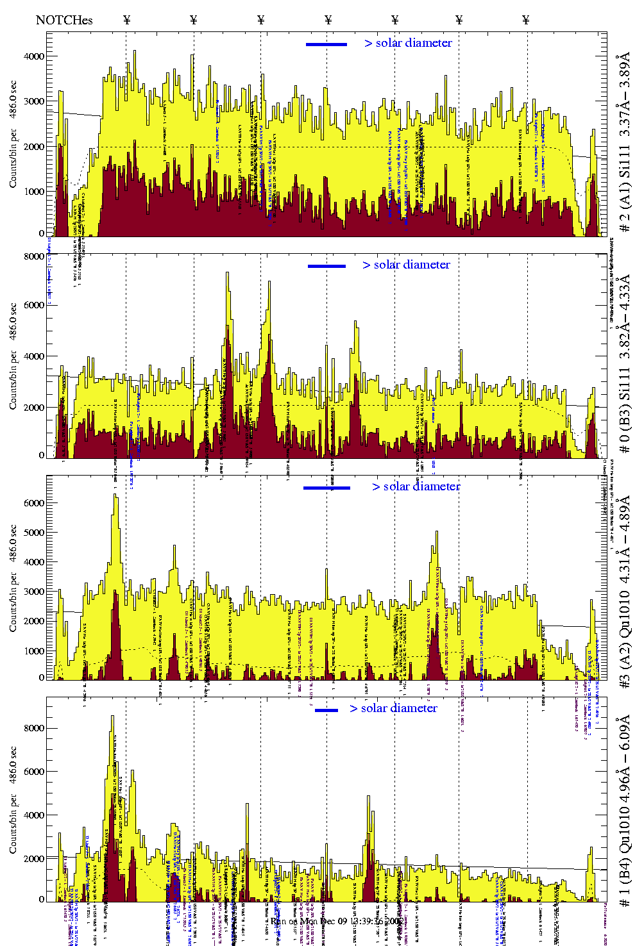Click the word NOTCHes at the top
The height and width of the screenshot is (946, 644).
pyautogui.click(x=64, y=20)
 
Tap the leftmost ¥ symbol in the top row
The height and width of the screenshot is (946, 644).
pyautogui.click(x=127, y=20)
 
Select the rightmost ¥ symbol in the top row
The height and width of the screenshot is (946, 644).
pyautogui.click(x=526, y=20)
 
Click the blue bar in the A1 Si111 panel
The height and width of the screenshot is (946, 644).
pyautogui.click(x=326, y=44)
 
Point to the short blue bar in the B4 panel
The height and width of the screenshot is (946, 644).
pyautogui.click(x=326, y=710)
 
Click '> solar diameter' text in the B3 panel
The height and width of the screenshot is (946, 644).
pyautogui.click(x=406, y=265)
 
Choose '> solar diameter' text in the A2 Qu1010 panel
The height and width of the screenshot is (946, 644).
pyautogui.click(x=416, y=486)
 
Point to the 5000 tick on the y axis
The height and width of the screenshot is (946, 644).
pyautogui.click(x=33, y=533)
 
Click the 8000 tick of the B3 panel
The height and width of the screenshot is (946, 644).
pyautogui.click(x=33, y=256)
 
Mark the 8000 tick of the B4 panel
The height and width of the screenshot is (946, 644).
pyautogui.click(x=33, y=729)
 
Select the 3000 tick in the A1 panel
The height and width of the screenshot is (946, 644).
pyautogui.click(x=33, y=101)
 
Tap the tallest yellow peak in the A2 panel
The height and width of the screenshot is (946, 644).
pyautogui.click(x=115, y=495)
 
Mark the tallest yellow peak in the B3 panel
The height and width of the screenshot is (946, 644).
pyautogui.click(x=227, y=274)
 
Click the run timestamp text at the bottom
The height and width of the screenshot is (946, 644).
pyautogui.click(x=336, y=921)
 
